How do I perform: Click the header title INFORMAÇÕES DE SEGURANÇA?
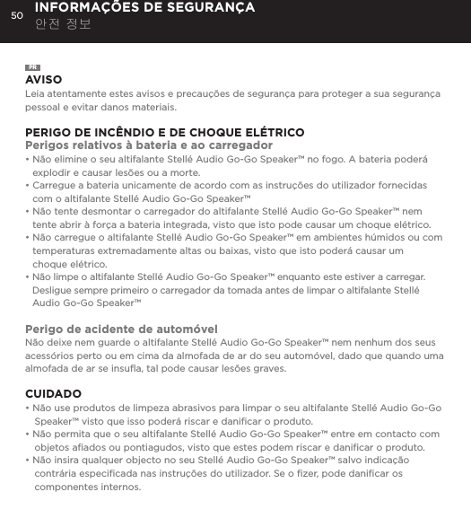pos(144,8)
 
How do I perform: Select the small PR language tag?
pos(32,68)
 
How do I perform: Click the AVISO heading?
pos(44,80)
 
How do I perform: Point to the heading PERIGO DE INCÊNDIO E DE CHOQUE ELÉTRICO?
pos(164,133)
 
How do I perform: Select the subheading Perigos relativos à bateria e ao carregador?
pos(149,145)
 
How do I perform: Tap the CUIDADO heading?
pos(53,394)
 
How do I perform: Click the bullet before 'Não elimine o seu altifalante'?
pos(28,159)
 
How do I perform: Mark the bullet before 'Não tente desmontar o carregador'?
pos(28,212)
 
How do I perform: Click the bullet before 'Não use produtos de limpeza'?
pos(28,408)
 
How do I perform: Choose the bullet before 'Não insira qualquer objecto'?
pos(28,461)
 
